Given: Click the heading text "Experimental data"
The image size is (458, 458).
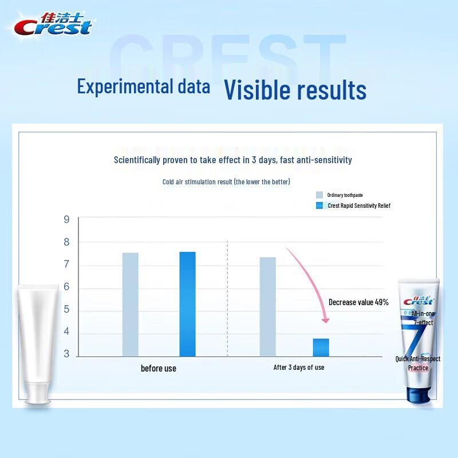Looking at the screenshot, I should coord(144,87).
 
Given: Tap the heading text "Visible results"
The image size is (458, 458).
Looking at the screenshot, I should coord(295,90).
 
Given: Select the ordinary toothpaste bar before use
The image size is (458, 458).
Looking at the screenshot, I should coord(130,304).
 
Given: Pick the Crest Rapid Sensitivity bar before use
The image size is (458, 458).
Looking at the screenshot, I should coord(187,303).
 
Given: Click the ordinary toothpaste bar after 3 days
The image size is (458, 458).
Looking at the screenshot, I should coord(267,306).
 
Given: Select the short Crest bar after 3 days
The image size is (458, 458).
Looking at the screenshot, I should coord(321,347).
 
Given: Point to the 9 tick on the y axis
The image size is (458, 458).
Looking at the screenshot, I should coord(66,219).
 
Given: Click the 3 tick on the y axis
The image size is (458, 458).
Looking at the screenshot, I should coord(66,354).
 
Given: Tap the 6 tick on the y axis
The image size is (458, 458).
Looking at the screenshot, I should coord(66,287).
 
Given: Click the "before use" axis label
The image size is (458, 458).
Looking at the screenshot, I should coord(159,368).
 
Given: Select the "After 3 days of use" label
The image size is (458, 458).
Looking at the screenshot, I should coord(298,368).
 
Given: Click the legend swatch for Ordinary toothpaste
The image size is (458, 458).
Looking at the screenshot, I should coord(319,195).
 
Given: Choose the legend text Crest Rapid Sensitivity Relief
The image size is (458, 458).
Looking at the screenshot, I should coord(358,206).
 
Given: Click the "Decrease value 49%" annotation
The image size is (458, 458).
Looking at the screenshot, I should coord(358,302).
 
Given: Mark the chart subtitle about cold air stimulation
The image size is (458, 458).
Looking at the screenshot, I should coord(226,181).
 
